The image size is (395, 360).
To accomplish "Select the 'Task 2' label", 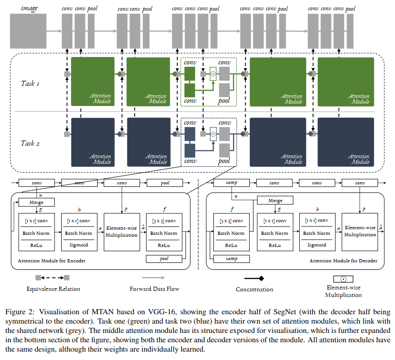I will pyautogui.click(x=30, y=143).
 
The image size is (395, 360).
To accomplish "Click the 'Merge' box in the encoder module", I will pyautogui.click(x=36, y=203).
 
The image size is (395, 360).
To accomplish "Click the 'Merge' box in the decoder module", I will pyautogui.click(x=275, y=200).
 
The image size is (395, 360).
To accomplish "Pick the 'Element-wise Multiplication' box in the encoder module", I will pyautogui.click(x=121, y=232).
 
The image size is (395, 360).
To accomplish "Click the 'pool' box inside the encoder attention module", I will pyautogui.click(x=164, y=258).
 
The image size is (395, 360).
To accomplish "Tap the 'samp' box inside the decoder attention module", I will pyautogui.click(x=231, y=258).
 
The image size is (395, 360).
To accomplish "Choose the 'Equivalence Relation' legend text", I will pyautogui.click(x=53, y=289).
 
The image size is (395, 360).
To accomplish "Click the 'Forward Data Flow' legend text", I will pyautogui.click(x=154, y=289).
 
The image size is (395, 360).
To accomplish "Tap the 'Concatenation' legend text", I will pyautogui.click(x=254, y=289).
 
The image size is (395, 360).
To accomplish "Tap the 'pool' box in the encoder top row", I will pyautogui.click(x=165, y=183).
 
